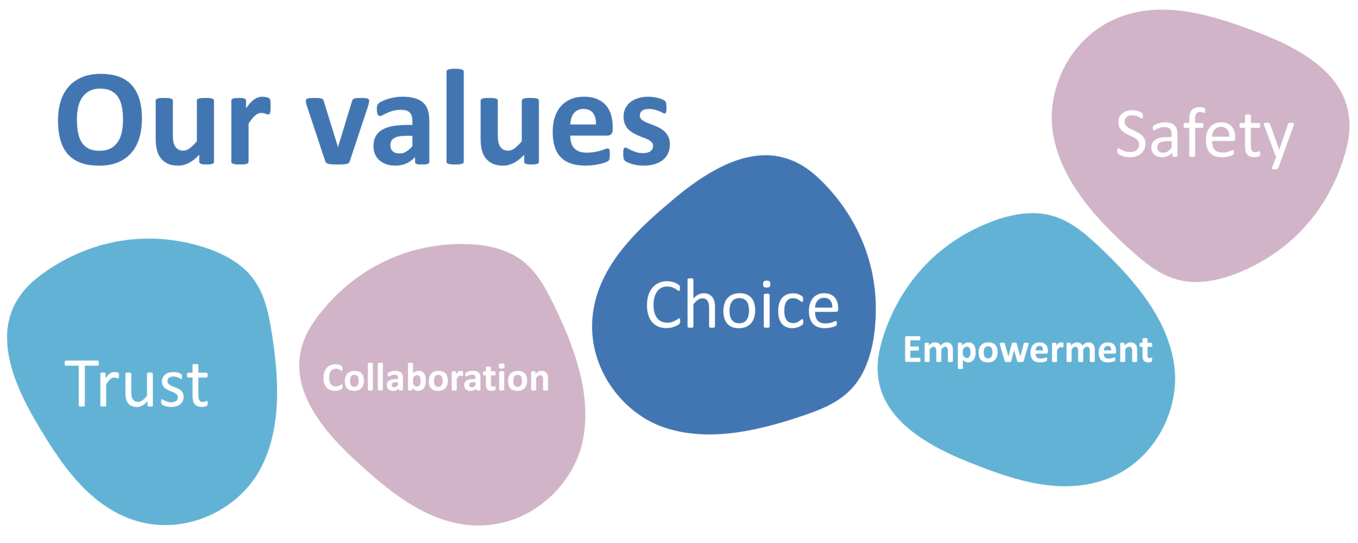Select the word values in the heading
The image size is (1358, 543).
[488, 118]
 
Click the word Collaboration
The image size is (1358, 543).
[436, 378]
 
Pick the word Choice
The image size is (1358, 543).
[742, 304]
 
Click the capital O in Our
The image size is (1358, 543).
[100, 119]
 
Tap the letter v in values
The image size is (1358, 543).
[337, 131]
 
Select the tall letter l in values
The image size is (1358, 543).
[455, 116]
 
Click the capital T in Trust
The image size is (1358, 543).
[82, 383]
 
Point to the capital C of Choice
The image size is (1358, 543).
[663, 304]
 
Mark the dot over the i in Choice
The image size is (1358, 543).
[767, 284]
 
